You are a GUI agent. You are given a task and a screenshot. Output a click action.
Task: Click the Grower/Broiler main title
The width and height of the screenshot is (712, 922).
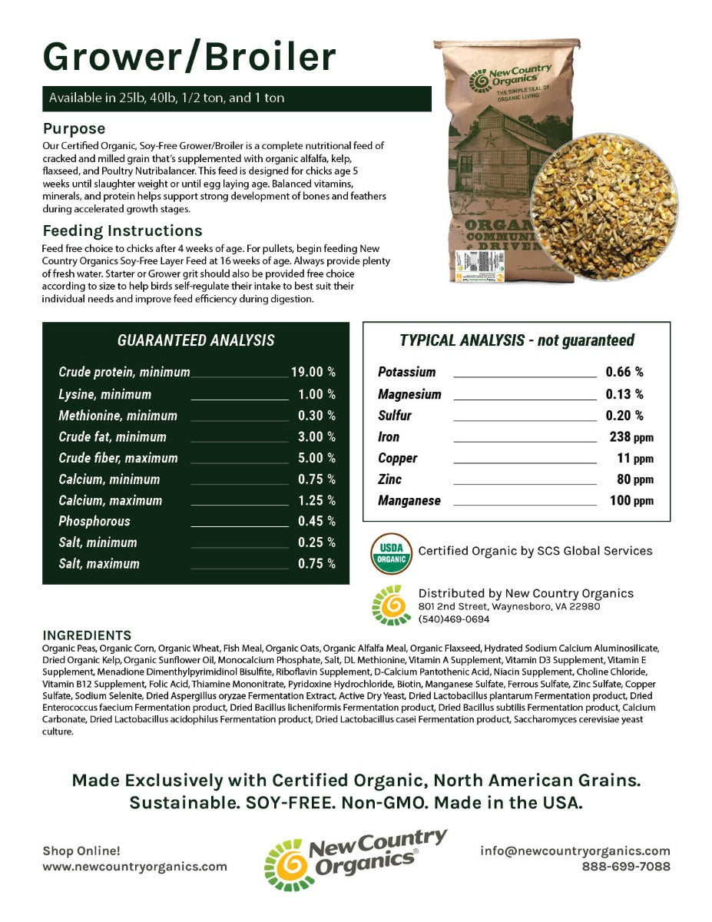[x=189, y=57]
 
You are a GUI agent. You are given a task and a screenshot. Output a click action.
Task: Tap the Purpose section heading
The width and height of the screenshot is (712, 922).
[x=74, y=128]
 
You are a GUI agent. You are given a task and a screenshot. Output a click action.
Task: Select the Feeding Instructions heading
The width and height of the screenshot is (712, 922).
[x=122, y=230]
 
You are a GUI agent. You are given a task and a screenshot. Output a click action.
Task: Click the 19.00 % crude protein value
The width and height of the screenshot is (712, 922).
[x=313, y=372]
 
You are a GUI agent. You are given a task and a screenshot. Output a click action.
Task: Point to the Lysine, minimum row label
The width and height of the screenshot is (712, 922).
[x=104, y=394]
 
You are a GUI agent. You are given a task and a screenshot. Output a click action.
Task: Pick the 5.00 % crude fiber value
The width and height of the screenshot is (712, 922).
[x=316, y=458]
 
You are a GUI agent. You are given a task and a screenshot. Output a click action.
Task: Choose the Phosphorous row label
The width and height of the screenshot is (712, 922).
[x=94, y=521]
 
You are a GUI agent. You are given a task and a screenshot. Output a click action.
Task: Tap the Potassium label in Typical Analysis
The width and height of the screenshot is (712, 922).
[x=406, y=372]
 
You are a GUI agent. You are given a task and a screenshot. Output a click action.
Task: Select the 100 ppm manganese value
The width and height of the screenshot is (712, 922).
[x=629, y=501]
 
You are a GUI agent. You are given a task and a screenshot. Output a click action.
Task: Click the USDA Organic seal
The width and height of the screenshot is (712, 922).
[x=391, y=552]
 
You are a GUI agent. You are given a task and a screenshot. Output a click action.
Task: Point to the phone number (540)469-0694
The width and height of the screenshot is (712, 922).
[x=453, y=619]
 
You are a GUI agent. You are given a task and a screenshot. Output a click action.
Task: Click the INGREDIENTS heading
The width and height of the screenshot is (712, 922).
[x=87, y=635]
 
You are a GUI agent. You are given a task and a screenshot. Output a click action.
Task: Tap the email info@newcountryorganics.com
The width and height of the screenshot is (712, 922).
[x=575, y=851]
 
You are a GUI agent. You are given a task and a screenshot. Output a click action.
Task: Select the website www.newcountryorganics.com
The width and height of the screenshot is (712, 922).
[x=134, y=866]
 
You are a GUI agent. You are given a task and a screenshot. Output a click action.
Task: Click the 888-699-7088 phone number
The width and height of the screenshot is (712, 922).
[x=626, y=866]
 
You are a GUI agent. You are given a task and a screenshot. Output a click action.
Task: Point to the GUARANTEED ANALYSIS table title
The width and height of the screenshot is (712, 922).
[x=195, y=340]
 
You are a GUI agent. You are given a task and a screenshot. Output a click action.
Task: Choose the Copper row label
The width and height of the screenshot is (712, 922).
[x=397, y=458]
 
